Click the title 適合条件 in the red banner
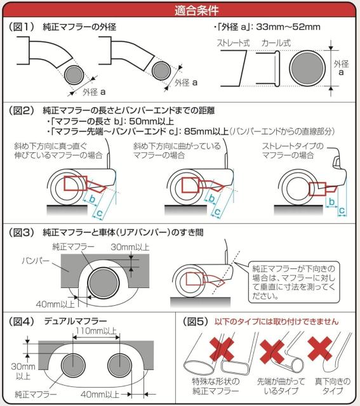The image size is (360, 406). point(196,10)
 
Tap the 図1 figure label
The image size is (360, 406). point(22,27)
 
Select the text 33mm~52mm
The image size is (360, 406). point(288,27)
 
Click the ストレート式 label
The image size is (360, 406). point(233,43)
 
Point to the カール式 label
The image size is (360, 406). point(276,43)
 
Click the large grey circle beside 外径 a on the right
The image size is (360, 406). point(307,68)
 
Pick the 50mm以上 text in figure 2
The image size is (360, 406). point(151,121)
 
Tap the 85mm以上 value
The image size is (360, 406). point(206,131)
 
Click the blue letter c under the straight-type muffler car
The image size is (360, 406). point(342,211)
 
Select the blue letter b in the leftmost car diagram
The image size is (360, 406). point(92,199)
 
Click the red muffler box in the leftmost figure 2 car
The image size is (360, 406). point(76,183)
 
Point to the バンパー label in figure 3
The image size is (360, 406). point(36,261)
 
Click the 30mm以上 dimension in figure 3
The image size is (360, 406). point(130,247)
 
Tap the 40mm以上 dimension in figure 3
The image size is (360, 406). point(55,304)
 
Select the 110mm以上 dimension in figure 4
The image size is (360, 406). point(96,331)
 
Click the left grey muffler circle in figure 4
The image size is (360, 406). point(73,365)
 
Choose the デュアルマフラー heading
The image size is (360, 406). point(76,321)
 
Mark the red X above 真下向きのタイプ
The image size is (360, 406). point(320,348)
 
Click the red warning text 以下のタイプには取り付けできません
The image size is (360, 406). point(277,322)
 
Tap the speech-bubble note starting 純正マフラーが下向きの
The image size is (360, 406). point(293,282)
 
